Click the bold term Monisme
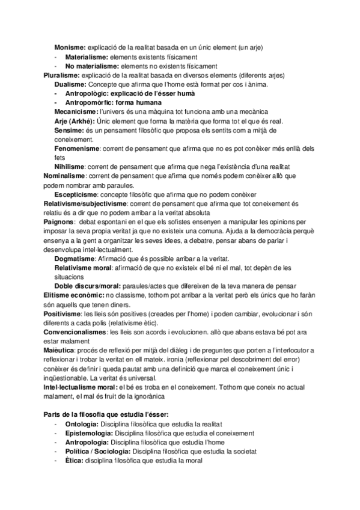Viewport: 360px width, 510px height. coord(70,47)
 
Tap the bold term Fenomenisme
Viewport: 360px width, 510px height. coord(76,149)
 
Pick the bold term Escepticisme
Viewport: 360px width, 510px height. coord(75,195)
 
